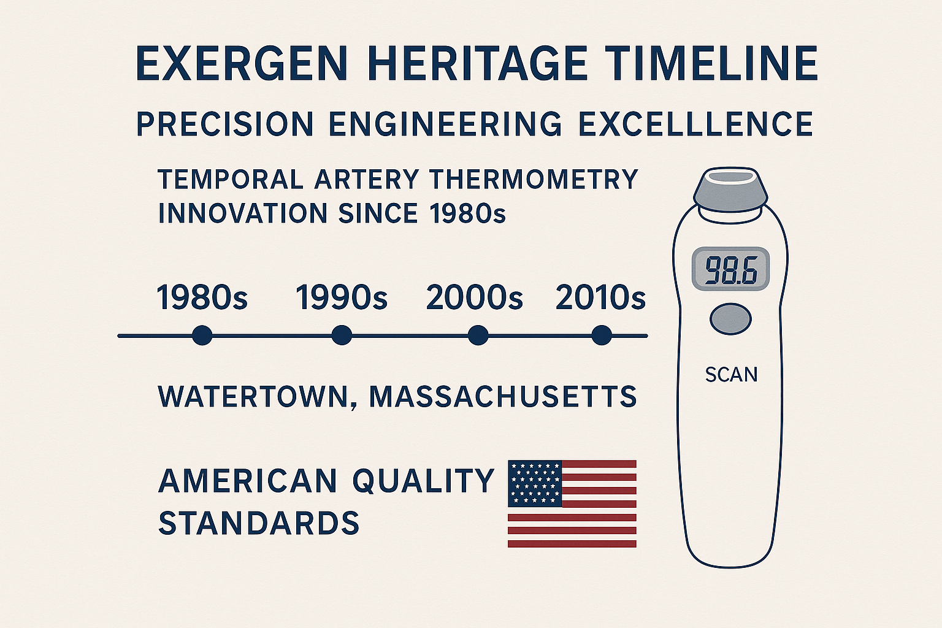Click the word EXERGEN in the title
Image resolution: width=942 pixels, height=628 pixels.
coord(242,64)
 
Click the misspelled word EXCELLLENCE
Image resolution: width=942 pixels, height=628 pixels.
coord(695,124)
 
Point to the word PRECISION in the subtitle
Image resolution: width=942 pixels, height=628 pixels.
coord(224,124)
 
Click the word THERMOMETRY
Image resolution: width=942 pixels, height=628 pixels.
coord(534,180)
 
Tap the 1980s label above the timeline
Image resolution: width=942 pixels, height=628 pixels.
coord(202,298)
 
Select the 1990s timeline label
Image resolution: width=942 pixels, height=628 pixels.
coord(342,298)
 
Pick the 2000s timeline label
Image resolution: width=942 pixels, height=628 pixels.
coord(474,298)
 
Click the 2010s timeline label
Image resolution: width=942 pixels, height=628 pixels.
coord(600,298)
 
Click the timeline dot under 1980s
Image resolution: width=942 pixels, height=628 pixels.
coord(202,335)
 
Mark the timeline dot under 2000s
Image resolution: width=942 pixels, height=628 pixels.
coord(478,335)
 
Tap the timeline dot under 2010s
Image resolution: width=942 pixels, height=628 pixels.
coord(602,335)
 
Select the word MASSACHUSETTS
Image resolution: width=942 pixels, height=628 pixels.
coord(503,397)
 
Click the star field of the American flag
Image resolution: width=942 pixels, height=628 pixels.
coord(535,483)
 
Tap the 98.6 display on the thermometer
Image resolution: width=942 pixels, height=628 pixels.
coord(730,270)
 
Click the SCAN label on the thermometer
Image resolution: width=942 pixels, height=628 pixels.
coord(731,375)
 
